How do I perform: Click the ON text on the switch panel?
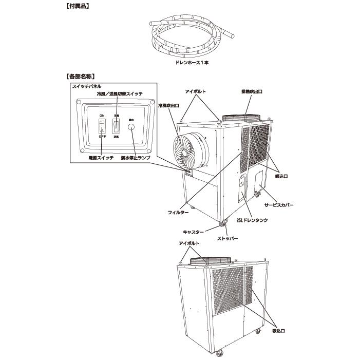[x=102, y=116]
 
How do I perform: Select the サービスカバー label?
[x=279, y=204]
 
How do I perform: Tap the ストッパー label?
[x=227, y=239]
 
